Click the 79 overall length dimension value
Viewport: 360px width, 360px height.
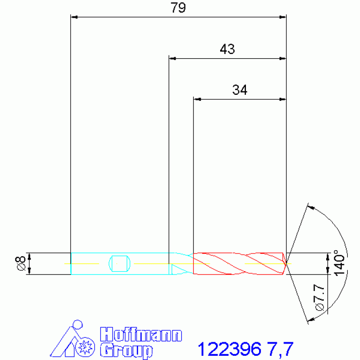coord(178,8)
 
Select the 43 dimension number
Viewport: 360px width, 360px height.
coord(227,49)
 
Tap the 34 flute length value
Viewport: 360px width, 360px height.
coord(240,90)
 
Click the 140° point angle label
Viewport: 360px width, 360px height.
coord(339,263)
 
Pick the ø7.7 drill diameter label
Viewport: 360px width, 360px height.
coord(319,298)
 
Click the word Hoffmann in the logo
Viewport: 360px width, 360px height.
coord(141,335)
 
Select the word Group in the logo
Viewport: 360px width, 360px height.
coord(126,351)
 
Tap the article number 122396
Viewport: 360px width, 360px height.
coord(230,349)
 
